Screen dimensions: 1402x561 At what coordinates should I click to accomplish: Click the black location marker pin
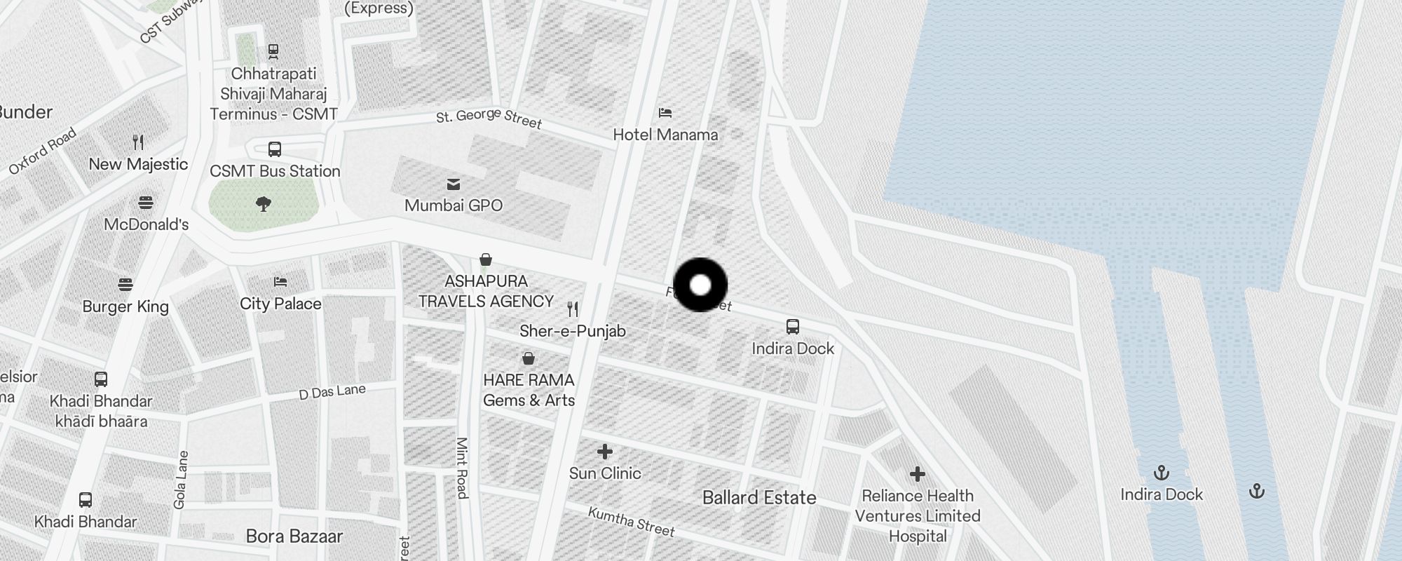click(x=700, y=285)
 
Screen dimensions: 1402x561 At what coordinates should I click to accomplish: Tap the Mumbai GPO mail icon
click(x=454, y=184)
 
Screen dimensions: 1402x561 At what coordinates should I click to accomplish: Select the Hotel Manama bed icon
click(x=665, y=112)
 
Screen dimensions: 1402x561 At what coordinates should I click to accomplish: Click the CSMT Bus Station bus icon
click(x=275, y=149)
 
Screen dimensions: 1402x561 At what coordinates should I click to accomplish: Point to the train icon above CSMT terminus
click(x=273, y=51)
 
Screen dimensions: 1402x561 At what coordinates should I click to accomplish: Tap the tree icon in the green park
click(x=264, y=204)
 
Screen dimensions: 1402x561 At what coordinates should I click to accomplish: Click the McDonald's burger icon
click(x=146, y=203)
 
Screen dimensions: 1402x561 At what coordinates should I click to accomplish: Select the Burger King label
click(x=125, y=306)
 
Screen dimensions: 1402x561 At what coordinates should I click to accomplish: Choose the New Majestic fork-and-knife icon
click(x=138, y=142)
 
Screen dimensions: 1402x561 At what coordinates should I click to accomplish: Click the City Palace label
click(x=280, y=304)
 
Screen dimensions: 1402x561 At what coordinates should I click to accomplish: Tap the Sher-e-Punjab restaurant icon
click(x=573, y=309)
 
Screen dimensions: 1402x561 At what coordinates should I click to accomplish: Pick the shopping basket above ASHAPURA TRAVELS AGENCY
click(x=485, y=260)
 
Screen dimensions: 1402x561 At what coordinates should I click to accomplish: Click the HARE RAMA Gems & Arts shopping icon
click(x=529, y=359)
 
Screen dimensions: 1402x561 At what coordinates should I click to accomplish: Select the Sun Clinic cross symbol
click(x=604, y=452)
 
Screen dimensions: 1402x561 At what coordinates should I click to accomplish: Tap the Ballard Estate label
click(x=759, y=498)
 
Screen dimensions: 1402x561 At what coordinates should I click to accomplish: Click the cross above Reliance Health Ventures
click(x=917, y=475)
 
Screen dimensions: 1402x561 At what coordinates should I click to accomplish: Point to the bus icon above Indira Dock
click(x=793, y=327)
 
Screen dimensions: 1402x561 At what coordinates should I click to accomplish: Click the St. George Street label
click(x=489, y=119)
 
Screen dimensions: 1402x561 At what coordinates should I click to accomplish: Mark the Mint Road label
click(x=462, y=468)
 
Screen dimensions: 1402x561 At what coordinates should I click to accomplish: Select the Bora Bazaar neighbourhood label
click(x=294, y=536)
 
